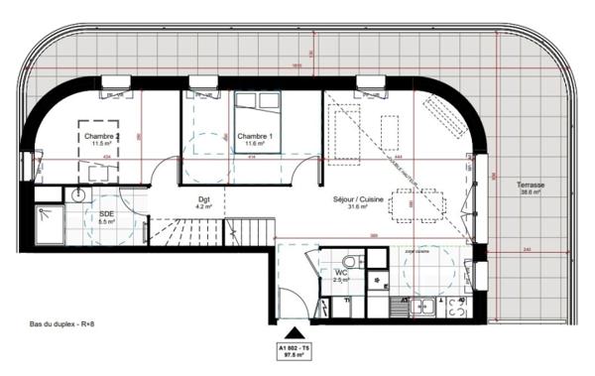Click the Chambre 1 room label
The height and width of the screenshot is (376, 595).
pos(255,135)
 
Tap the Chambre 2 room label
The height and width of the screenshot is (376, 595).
pos(102,135)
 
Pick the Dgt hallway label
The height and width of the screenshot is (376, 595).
pos(204,198)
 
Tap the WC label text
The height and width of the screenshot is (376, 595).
pos(340,272)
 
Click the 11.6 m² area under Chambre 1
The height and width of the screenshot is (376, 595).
pos(255,144)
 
